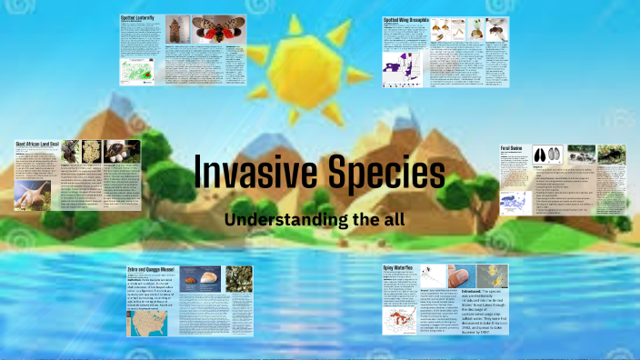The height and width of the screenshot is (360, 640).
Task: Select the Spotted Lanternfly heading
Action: [138, 17]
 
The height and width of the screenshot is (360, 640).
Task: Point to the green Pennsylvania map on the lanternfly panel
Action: [139, 70]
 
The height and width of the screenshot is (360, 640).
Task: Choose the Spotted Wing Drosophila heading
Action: [406, 18]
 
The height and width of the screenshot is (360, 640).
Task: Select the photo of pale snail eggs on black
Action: [93, 151]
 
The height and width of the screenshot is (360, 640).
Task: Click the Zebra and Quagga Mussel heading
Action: [152, 269]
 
